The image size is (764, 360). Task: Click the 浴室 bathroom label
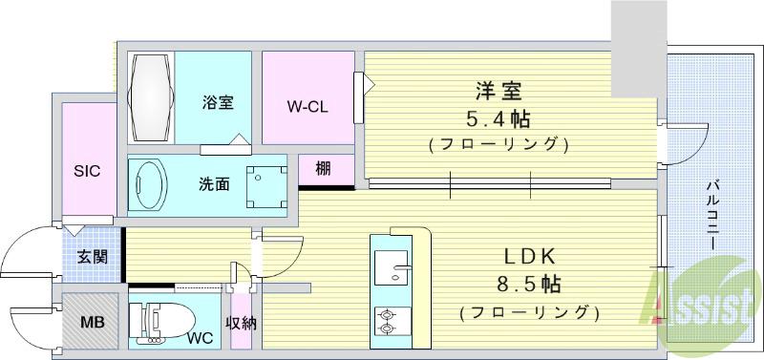pyautogui.click(x=218, y=102)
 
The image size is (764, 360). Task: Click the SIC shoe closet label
pyautogui.click(x=88, y=171)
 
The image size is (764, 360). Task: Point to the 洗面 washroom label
pyautogui.click(x=214, y=183)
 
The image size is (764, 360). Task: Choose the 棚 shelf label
pyautogui.click(x=323, y=170)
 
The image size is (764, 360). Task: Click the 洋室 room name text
pyautogui.click(x=499, y=93)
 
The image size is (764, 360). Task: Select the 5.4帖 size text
pyautogui.click(x=499, y=120)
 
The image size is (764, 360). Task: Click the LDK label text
pyautogui.click(x=526, y=257)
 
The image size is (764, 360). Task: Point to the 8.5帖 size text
pyautogui.click(x=527, y=285)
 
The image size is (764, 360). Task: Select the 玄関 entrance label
pyautogui.click(x=92, y=257)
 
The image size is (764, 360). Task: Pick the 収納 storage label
pyautogui.click(x=242, y=323)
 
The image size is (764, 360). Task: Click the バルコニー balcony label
pyautogui.click(x=713, y=214)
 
